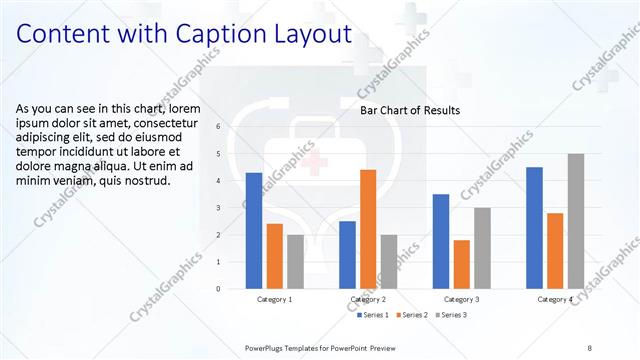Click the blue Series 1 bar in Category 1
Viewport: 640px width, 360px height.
(254, 231)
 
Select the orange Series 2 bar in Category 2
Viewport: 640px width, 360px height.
(368, 229)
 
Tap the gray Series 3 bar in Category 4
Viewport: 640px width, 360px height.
(575, 221)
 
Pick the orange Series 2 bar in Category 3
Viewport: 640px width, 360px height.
(461, 264)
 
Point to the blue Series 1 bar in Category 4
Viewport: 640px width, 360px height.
(534, 228)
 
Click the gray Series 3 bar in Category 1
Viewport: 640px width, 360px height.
(295, 262)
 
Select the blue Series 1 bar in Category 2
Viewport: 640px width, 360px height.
(347, 255)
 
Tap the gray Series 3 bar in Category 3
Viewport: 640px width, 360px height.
(482, 248)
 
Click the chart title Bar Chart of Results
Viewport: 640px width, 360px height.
(410, 111)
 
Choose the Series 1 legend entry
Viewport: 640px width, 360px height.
(375, 316)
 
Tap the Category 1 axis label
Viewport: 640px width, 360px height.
(275, 299)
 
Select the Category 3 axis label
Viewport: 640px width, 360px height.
(461, 299)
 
